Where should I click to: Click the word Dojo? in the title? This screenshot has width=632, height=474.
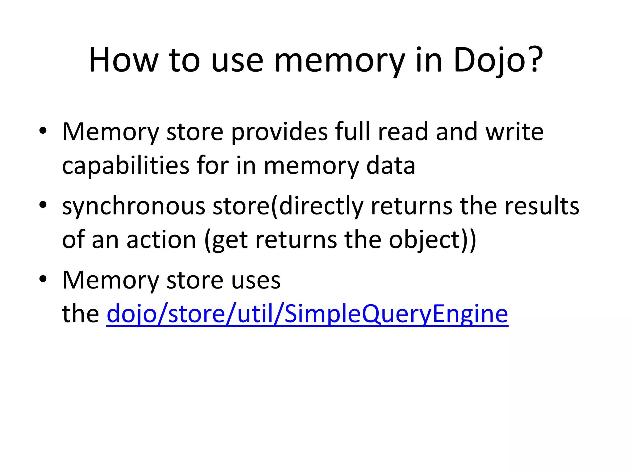498,60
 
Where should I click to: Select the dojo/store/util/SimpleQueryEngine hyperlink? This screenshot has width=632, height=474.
307,314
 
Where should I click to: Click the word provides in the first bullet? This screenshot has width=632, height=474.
279,132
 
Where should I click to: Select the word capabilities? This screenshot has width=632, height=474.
126,166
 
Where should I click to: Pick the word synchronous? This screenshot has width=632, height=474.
134,206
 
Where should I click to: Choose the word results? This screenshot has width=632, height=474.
542,206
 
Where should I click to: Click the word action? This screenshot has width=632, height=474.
161,240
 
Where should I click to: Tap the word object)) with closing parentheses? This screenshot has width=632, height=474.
432,240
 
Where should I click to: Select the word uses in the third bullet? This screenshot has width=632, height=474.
256,280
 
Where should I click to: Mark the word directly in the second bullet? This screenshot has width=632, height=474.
321,206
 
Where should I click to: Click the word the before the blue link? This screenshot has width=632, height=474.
80,314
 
